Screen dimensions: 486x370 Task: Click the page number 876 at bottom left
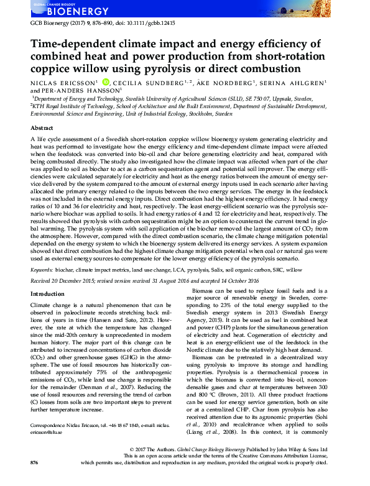click(x=35, y=480)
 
